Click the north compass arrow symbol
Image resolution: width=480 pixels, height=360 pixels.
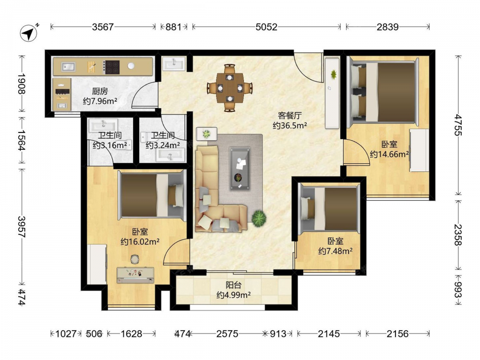click(29, 33)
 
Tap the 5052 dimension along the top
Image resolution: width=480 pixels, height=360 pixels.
click(266, 27)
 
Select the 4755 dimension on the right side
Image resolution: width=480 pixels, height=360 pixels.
click(458, 125)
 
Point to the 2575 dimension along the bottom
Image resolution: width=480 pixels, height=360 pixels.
click(227, 334)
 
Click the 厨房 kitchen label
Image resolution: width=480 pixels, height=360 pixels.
click(100, 91)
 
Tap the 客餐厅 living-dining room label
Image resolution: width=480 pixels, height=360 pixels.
click(290, 115)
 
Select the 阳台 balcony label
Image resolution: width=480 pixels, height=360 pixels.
click(234, 285)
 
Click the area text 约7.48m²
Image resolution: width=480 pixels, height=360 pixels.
click(335, 252)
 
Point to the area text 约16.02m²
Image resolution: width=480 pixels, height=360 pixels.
click(140, 242)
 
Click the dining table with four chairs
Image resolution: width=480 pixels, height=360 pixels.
click(230, 88)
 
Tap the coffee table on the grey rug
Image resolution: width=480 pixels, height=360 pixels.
click(240, 168)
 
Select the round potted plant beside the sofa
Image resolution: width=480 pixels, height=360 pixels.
click(259, 218)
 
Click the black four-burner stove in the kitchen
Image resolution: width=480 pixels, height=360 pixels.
click(112, 67)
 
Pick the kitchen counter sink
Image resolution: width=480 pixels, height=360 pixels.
click(68, 67)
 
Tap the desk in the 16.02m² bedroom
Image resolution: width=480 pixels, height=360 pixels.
click(135, 275)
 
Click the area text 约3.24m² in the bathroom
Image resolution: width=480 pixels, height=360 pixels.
click(163, 145)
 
